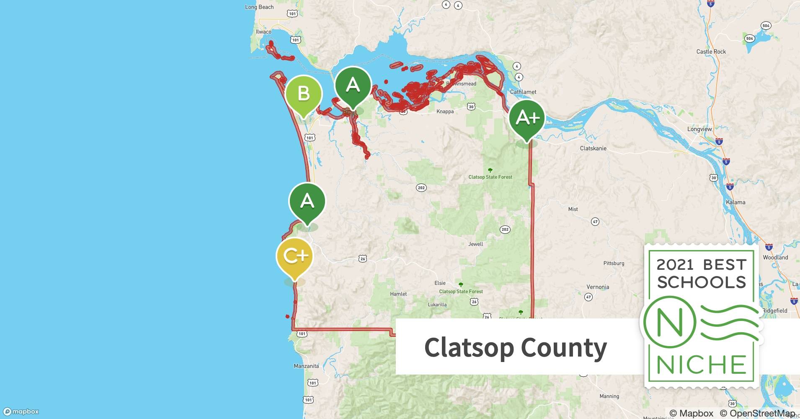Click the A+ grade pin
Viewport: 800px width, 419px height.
coord(527,118)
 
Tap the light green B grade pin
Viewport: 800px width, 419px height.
coord(304,93)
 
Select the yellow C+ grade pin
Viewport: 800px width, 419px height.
coord(294,256)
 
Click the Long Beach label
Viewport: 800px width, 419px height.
coord(259,7)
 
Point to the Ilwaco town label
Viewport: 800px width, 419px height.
coord(263,32)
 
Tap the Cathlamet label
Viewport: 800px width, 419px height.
coord(523,92)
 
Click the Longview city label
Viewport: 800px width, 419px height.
coord(699,129)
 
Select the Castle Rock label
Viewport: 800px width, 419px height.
coord(711,52)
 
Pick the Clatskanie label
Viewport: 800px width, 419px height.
coord(593,148)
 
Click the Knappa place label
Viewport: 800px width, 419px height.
coord(445,111)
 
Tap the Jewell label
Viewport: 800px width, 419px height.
coord(475,244)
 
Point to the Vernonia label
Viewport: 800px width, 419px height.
coord(598,287)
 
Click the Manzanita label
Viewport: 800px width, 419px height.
coord(306,366)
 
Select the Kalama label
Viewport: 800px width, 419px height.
coord(735,202)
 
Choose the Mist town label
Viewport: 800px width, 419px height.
coord(573,209)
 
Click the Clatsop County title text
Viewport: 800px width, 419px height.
coord(515,347)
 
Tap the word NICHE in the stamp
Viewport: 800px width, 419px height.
coord(701,365)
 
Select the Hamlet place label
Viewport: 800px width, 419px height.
coord(398,294)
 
